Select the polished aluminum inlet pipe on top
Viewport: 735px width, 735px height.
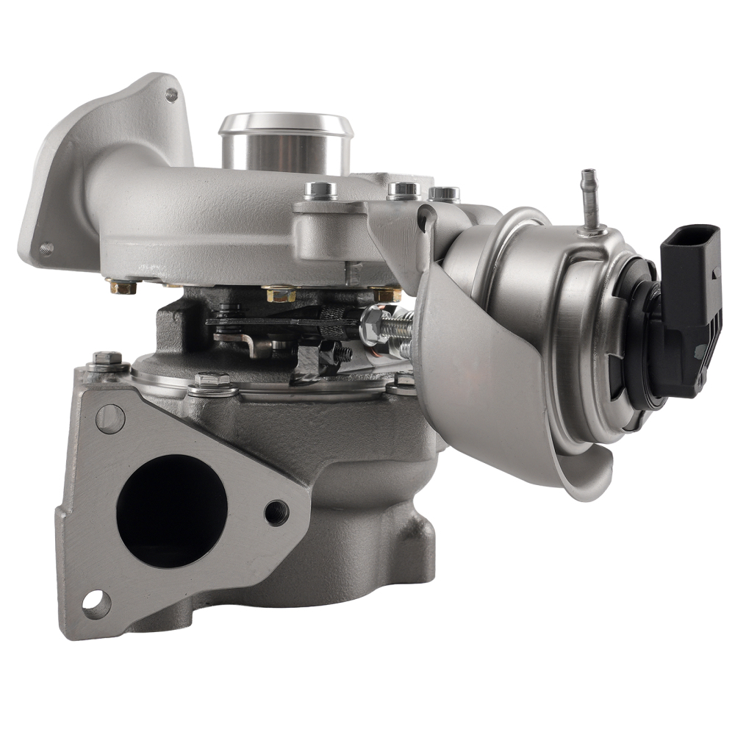(285, 143)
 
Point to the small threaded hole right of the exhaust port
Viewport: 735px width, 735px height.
(276, 512)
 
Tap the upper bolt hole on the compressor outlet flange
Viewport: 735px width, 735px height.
(171, 94)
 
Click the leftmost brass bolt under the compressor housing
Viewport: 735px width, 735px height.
(122, 286)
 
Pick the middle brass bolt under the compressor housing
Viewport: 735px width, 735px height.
(280, 293)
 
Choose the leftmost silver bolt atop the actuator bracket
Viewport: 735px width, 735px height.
(320, 190)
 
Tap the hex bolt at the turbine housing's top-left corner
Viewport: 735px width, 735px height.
(107, 361)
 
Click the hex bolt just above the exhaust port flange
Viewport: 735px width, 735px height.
(212, 381)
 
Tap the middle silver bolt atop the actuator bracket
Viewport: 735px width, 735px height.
(403, 190)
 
